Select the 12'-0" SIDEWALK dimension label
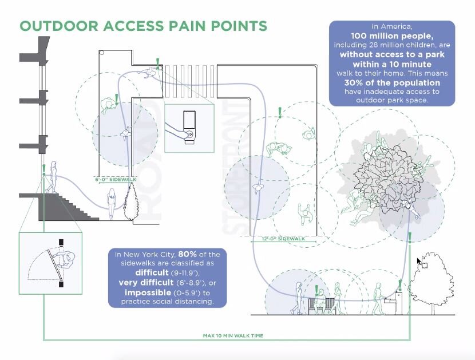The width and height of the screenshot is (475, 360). pyautogui.click(x=282, y=238)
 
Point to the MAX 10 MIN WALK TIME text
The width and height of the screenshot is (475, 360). pyautogui.click(x=232, y=335)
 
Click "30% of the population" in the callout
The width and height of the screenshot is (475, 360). pyautogui.click(x=392, y=83)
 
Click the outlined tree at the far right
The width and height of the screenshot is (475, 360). pyautogui.click(x=438, y=280)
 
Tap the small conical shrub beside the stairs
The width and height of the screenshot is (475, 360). pyautogui.click(x=130, y=203)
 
